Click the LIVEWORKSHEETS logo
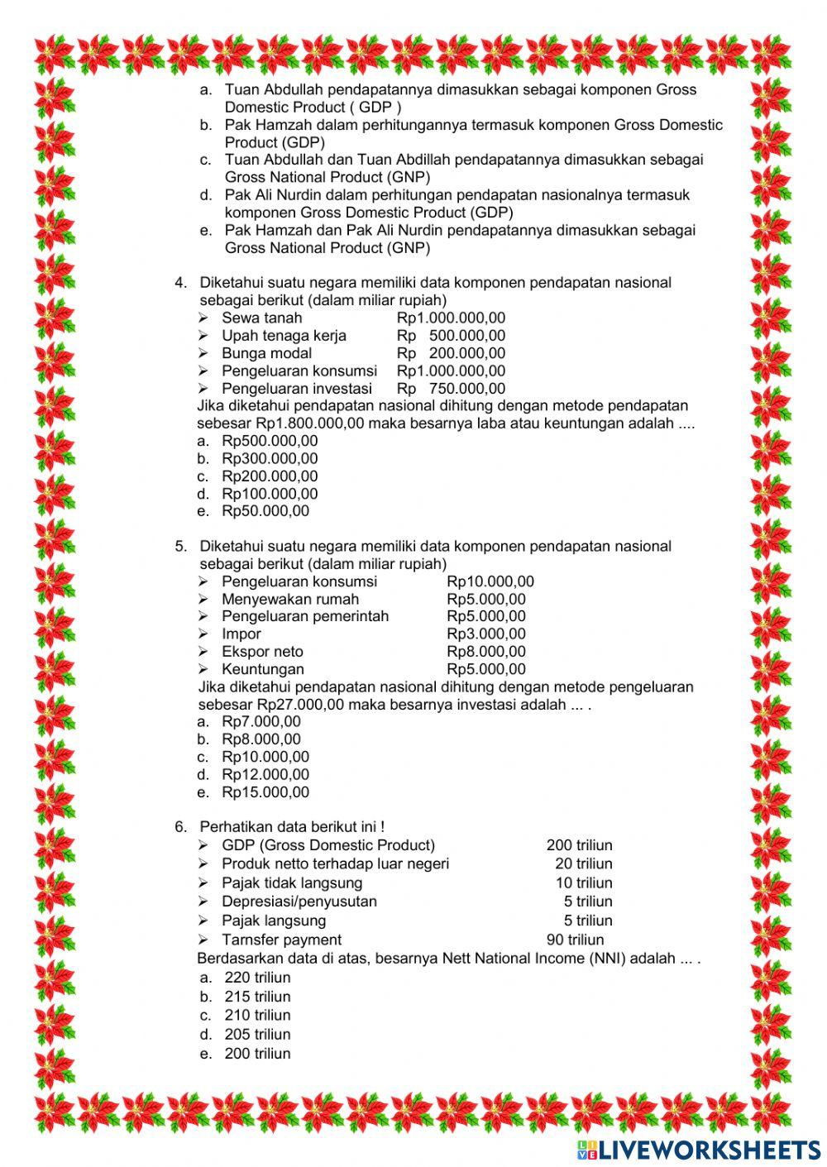click(699, 1149)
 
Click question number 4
click(180, 283)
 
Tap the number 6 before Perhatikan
click(180, 826)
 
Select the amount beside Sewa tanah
click(451, 318)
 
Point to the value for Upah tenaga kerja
click(451, 336)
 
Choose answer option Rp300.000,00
click(269, 458)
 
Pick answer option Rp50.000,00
click(265, 511)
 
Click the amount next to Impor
click(485, 634)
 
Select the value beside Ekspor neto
click(485, 652)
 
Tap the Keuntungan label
click(262, 669)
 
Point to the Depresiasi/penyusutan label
click(299, 902)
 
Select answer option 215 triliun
click(257, 997)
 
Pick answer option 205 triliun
click(257, 1034)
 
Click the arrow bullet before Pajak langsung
click(203, 921)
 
